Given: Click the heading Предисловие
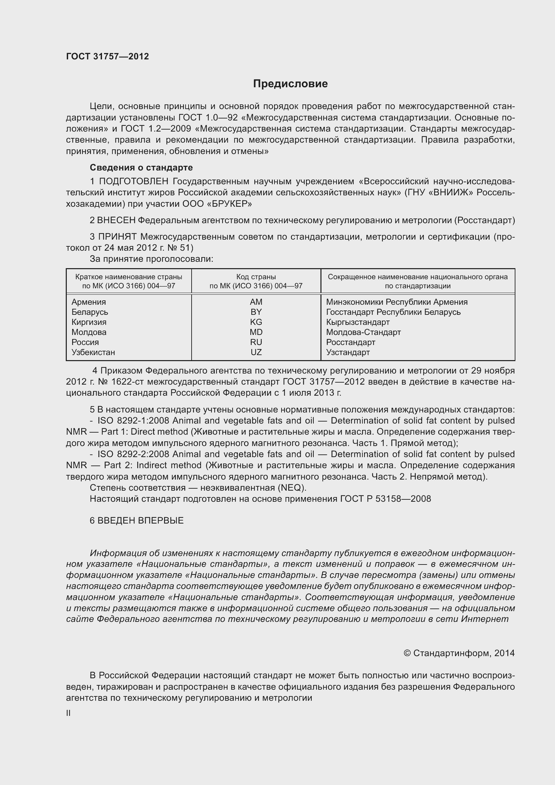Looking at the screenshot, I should click(290, 84).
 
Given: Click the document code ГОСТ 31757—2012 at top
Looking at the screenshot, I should click(107, 56).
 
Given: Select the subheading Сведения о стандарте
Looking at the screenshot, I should click(141, 167).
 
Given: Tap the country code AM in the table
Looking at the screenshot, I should click(256, 302).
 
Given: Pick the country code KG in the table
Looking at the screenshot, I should click(256, 322).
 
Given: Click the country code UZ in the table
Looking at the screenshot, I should click(256, 352).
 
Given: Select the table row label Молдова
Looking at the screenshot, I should click(89, 332).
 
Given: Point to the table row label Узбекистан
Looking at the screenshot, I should click(93, 352).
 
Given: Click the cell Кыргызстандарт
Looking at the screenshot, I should click(357, 322).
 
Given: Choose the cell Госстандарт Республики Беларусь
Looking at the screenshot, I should click(393, 312).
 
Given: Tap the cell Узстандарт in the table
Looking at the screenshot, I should click(348, 352).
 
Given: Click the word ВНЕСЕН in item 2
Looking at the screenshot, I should click(116, 220).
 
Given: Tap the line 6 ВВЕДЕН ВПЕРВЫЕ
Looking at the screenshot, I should click(137, 521).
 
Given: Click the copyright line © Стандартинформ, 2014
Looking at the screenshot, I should click(459, 653).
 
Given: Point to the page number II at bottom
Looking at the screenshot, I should click(68, 713).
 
